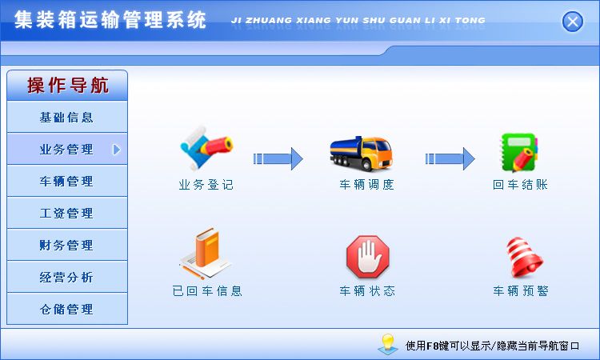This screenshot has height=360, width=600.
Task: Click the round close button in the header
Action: [573, 22]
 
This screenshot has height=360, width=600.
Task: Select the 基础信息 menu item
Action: [67, 117]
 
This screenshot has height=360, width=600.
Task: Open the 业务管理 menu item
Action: [67, 150]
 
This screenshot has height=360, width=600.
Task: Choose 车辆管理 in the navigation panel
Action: [67, 181]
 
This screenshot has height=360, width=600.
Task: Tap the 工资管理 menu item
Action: [67, 213]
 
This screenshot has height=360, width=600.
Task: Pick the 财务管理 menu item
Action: [67, 245]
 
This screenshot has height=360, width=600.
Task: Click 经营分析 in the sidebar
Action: [67, 277]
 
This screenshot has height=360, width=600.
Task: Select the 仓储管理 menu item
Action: [67, 309]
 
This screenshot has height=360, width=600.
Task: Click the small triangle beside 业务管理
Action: [117, 150]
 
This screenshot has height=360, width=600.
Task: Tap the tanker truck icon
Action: [362, 154]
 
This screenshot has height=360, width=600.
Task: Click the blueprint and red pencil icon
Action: [206, 148]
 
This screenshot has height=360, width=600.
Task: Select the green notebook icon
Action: [520, 152]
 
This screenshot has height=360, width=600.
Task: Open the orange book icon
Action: [205, 253]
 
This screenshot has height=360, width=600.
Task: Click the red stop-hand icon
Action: [368, 256]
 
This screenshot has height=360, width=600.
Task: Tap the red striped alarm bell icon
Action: [524, 257]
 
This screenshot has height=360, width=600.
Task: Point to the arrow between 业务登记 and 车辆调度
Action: [278, 158]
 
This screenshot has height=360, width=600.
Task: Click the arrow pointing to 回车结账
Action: [450, 158]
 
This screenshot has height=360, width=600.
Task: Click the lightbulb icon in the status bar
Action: [388, 343]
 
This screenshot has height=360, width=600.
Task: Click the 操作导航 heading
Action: [68, 85]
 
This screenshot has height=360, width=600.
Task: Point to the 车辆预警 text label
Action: [521, 291]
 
